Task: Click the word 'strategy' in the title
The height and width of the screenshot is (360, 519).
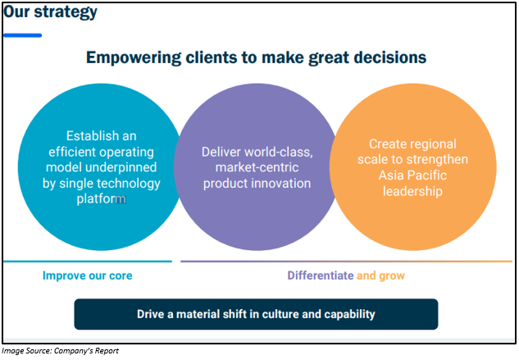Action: pyautogui.click(x=66, y=12)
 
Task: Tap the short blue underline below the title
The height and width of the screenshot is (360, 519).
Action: pyautogui.click(x=22, y=35)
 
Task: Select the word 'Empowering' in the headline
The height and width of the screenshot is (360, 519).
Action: pyautogui.click(x=134, y=58)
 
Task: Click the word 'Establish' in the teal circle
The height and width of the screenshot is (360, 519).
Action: pyautogui.click(x=88, y=136)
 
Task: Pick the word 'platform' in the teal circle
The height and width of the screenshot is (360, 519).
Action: pyautogui.click(x=102, y=198)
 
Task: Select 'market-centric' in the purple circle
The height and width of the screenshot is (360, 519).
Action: pyautogui.click(x=257, y=167)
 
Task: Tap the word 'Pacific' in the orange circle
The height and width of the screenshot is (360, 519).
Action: pyautogui.click(x=429, y=175)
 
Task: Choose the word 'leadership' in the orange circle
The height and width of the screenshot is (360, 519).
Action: pyautogui.click(x=412, y=191)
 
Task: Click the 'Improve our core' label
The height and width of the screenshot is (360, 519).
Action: pyautogui.click(x=88, y=276)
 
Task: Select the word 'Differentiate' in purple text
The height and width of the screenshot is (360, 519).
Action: pyautogui.click(x=321, y=276)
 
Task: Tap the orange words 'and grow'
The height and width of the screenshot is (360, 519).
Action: pyautogui.click(x=380, y=276)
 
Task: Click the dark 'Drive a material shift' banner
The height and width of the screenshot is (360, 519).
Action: pyautogui.click(x=256, y=314)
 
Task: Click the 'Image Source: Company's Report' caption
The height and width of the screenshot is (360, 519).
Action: pyautogui.click(x=60, y=351)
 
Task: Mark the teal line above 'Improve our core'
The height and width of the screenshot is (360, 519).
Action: pyautogui.click(x=88, y=262)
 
